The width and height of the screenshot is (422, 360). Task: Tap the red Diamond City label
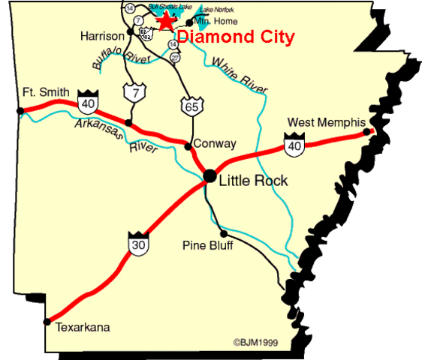pyautogui.click(x=236, y=36)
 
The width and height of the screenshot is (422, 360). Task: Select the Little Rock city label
pyautogui.click(x=253, y=181)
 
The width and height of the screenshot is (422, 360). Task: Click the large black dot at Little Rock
pyautogui.click(x=209, y=175)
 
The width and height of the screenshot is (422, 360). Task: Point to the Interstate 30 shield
pyautogui.click(x=136, y=244)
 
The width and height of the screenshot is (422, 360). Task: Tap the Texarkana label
pyautogui.click(x=83, y=327)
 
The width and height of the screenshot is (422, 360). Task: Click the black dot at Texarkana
pyautogui.click(x=47, y=322)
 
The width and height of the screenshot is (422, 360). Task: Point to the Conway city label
pyautogui.click(x=215, y=143)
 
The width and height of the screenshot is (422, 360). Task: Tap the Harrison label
pyautogui.click(x=101, y=35)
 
